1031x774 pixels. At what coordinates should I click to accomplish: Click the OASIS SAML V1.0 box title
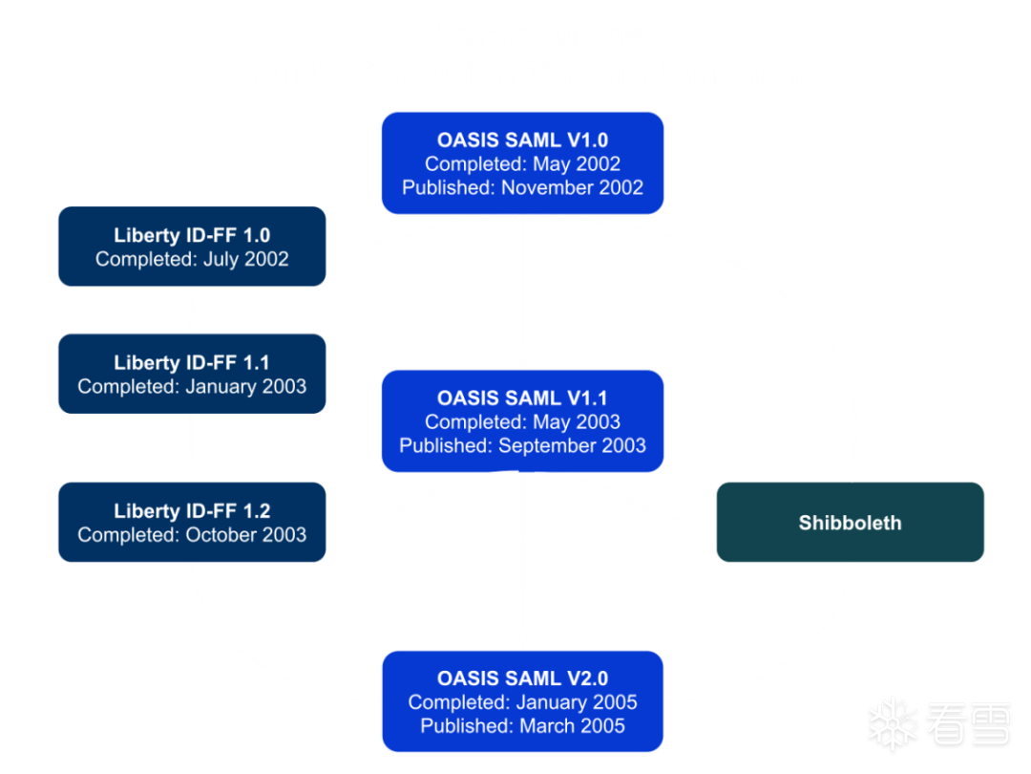coord(523,140)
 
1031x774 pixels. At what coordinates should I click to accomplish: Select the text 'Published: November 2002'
coord(523,187)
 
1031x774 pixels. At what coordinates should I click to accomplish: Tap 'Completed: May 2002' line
coord(523,164)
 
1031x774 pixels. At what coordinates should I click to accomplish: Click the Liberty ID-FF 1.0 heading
coord(192,236)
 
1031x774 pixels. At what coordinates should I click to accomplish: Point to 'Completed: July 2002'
coord(192,259)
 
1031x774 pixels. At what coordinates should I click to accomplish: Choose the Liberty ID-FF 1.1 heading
coord(192,363)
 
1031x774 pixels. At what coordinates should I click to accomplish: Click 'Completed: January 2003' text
coord(192,386)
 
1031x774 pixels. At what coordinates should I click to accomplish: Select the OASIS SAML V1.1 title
coord(523,398)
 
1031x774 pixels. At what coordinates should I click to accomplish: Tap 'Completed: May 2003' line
coord(523,422)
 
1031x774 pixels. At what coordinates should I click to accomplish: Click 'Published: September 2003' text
coord(523,445)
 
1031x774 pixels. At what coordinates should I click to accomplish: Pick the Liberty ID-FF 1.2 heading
coord(192,511)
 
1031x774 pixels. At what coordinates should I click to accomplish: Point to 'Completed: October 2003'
coord(192,535)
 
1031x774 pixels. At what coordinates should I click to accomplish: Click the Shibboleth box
coord(851,522)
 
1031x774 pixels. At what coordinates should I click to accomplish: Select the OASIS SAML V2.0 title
coord(523,678)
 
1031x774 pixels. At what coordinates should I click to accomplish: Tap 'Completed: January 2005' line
coord(523,702)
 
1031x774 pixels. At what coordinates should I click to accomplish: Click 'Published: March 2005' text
coord(523,726)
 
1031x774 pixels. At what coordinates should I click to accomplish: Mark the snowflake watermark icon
coord(893,724)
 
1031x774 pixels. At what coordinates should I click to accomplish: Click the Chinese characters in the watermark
coord(969,724)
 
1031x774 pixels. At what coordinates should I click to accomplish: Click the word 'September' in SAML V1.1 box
coord(548,446)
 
